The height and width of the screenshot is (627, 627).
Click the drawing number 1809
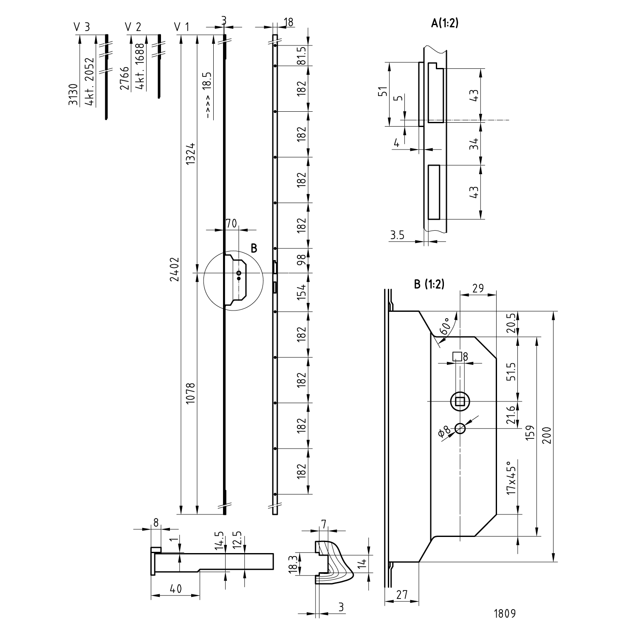(x=505, y=613)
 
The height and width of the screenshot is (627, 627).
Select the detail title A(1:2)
(x=445, y=23)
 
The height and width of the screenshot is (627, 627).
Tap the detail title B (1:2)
(x=429, y=285)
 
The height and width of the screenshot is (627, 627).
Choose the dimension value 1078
(x=190, y=394)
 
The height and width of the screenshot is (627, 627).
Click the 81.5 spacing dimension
(x=301, y=55)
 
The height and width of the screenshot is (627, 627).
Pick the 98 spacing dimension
(x=301, y=260)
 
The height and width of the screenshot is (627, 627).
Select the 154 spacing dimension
(x=301, y=292)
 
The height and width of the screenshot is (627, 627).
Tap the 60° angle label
(x=446, y=326)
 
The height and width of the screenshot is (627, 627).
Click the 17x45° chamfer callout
(x=512, y=478)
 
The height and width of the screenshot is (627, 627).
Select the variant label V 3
(x=82, y=28)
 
